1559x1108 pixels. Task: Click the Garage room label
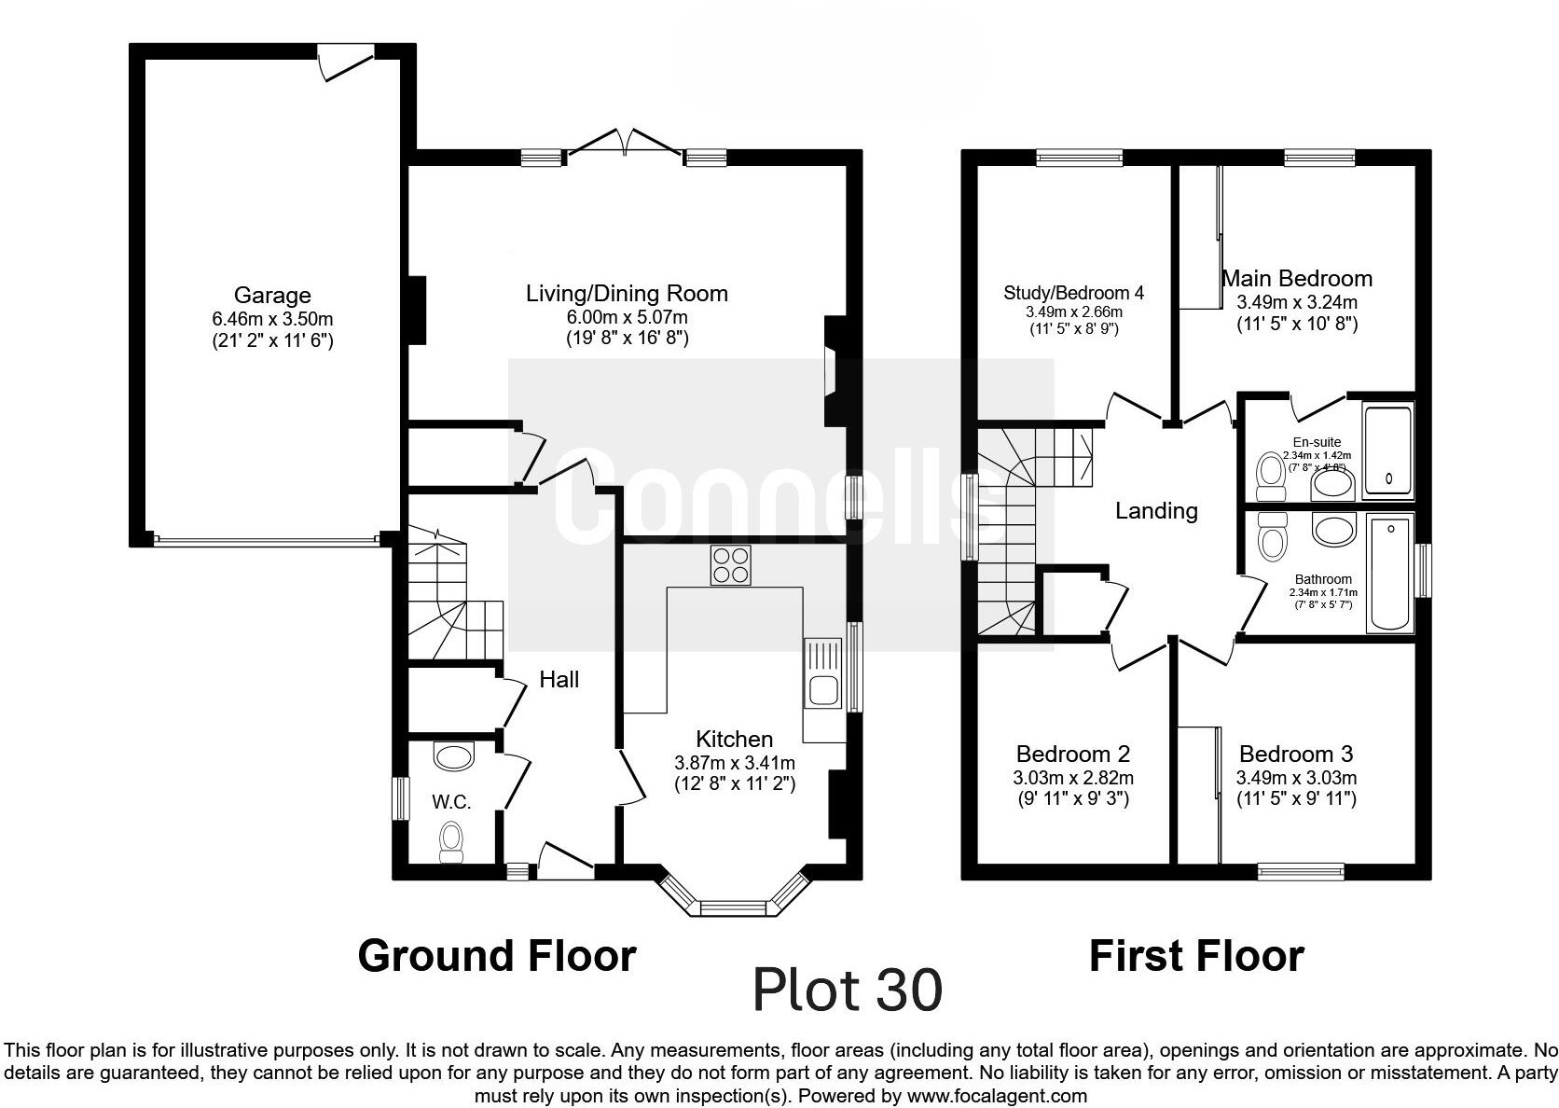point(272,296)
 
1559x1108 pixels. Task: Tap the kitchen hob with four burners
point(730,565)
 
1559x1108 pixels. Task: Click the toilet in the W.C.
point(451,842)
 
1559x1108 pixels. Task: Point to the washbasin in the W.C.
point(453,756)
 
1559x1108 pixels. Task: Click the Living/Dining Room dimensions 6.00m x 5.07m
point(628,317)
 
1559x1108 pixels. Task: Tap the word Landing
point(1156,511)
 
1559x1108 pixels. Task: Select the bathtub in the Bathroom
point(1390,574)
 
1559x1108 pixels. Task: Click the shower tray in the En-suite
point(1387,451)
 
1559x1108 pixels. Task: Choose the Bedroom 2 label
point(1072,755)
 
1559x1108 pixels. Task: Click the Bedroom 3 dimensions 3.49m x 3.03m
point(1296,778)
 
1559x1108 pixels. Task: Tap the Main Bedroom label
point(1297,279)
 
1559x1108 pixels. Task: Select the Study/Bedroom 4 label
point(1074,293)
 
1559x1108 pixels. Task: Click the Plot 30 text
point(848,990)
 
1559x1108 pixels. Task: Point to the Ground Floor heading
point(497,956)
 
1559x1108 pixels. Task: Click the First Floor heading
point(1196,956)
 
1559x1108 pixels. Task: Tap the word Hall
point(559,680)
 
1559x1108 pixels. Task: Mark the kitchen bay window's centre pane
point(733,907)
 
